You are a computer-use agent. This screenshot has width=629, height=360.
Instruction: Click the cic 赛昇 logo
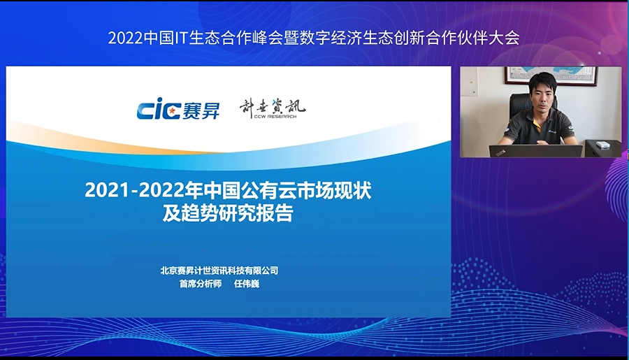point(178,108)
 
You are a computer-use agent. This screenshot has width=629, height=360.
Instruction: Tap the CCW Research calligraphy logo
point(273,108)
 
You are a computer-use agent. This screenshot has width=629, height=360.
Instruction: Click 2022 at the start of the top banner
point(126,38)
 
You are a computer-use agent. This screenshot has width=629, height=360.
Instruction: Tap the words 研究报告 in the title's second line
point(256,213)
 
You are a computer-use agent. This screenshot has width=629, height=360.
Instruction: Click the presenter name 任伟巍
point(247,284)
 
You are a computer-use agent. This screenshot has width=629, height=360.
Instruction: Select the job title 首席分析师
point(200,284)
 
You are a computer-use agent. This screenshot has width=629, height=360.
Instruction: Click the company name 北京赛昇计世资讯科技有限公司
point(219,271)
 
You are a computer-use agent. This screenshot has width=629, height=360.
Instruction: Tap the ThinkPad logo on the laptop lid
point(500,152)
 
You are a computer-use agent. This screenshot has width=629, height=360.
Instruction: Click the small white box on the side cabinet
point(603,144)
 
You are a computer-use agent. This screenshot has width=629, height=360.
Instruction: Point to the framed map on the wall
point(551,75)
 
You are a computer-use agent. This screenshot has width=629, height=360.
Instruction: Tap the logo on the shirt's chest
point(552,131)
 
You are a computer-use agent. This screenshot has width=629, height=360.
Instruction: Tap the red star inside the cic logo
point(172,110)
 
